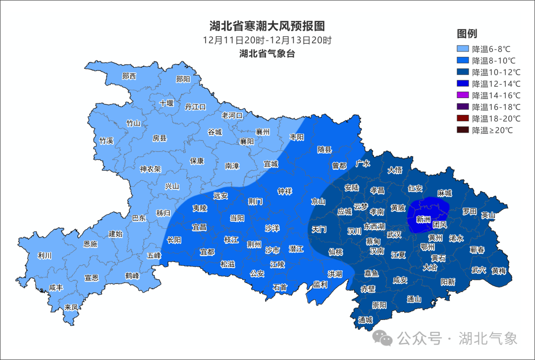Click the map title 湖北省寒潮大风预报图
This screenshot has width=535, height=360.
coord(267,26)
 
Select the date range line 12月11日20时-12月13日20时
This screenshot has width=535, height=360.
coord(267,40)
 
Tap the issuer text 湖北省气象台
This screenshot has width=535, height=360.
coord(267,53)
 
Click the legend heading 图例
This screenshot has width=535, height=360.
coord(467,34)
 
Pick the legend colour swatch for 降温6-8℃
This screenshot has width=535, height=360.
coord(463,49)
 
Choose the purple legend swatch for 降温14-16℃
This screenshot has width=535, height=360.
coord(463,95)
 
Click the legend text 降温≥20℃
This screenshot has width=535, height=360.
coord(492,130)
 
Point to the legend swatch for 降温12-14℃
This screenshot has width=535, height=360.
coord(463,84)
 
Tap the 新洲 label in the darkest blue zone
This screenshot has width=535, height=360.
coord(423,219)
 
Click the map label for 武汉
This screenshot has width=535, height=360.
coord(394,234)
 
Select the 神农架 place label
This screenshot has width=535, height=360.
coord(150,169)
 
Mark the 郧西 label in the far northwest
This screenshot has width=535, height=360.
coord(129,76)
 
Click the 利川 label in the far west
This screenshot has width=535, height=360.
coord(45,256)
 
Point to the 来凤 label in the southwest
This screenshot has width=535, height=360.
coord(71,308)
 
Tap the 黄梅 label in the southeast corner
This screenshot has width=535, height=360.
coord(499,271)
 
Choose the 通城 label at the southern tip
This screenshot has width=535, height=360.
coord(365,320)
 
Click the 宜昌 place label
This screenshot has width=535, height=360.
coord(199,227)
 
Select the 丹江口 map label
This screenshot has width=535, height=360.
coord(195,106)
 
